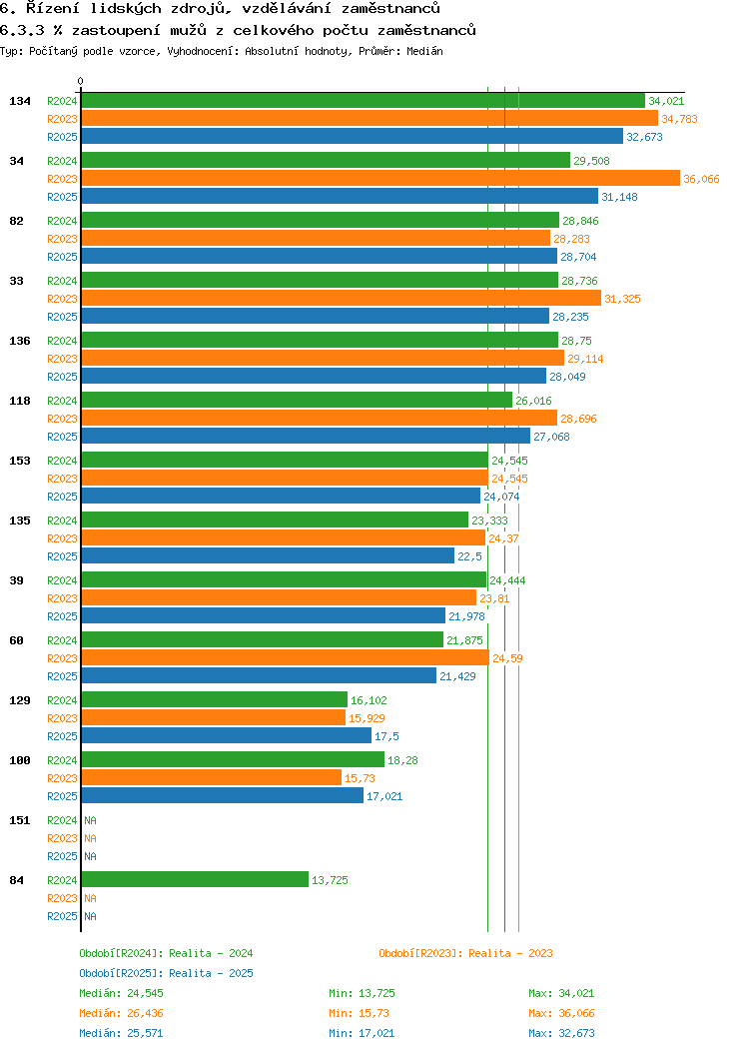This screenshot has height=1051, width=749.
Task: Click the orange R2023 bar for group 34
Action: [x=379, y=179]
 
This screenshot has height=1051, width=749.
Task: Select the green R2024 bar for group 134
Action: [x=363, y=101]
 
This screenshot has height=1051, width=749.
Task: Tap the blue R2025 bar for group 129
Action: [x=226, y=736]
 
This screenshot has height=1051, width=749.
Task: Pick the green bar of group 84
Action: [x=195, y=880]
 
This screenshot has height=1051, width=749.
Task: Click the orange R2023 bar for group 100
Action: [x=211, y=778]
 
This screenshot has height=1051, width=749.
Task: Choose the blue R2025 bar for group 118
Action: [x=306, y=437]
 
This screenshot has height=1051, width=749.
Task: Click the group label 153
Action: [x=20, y=461]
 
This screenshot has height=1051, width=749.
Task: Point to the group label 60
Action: [x=17, y=640]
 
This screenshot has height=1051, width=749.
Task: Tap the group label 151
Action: [x=20, y=820]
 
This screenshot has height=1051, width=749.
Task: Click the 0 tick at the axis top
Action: [x=81, y=82]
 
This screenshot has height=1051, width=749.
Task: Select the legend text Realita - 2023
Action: [x=510, y=953]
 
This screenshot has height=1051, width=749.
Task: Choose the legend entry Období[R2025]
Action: [x=122, y=973]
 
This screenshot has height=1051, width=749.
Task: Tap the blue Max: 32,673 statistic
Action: [x=561, y=1033]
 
